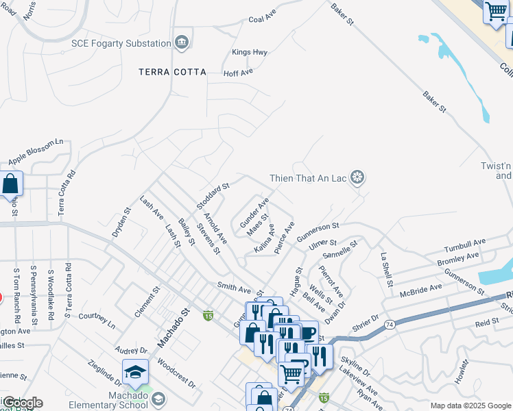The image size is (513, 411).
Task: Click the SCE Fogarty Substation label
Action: [121, 43]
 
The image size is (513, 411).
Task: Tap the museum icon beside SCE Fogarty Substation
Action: [181, 42]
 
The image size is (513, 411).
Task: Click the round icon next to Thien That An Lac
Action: [357, 178]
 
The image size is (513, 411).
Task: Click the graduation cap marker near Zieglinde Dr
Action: [135, 373]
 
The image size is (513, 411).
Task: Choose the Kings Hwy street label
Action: [249, 52]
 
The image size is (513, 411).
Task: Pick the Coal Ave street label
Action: [267, 19]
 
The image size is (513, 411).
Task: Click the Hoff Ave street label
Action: [239, 71]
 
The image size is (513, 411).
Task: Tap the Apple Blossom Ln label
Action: [36, 153]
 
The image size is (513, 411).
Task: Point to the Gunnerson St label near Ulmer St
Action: [318, 231]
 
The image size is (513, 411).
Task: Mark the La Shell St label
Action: [386, 269]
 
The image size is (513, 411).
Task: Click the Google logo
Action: [23, 403]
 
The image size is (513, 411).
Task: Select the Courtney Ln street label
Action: [97, 321]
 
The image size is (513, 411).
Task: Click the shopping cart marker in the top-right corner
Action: [495, 12]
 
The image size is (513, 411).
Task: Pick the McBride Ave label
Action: [422, 290]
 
